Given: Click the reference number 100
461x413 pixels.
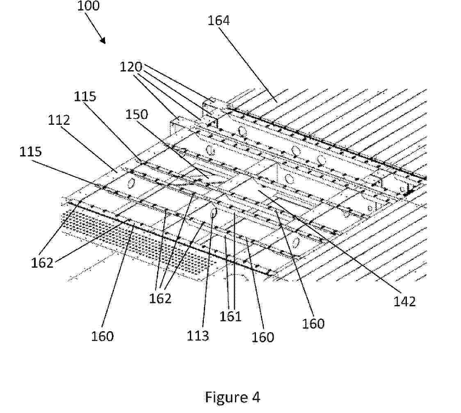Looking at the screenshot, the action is click(88, 6).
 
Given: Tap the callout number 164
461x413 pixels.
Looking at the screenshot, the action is click(219, 21).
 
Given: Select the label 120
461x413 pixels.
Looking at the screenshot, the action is click(131, 67).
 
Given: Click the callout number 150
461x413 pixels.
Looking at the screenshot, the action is click(137, 114).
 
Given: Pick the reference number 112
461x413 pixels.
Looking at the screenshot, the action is click(59, 120).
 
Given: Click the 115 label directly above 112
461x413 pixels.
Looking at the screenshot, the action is click(85, 96).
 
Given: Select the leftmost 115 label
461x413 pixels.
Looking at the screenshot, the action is click(31, 152).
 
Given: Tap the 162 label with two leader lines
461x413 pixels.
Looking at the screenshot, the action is click(42, 263).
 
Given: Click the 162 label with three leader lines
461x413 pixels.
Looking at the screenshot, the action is click(160, 298).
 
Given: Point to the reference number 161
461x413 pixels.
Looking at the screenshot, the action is click(231, 317).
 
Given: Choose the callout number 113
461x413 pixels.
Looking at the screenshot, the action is click(198, 335).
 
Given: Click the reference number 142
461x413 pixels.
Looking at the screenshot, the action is click(405, 302).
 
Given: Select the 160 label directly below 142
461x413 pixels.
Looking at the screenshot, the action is click(313, 324).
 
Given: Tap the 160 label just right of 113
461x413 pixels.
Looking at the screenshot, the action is click(263, 337).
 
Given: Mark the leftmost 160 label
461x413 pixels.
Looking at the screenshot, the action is click(102, 336).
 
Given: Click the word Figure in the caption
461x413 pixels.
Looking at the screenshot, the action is click(226, 397).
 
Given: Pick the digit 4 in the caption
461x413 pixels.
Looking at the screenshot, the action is click(256, 397).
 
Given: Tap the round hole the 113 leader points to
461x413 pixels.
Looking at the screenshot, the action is click(214, 212).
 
